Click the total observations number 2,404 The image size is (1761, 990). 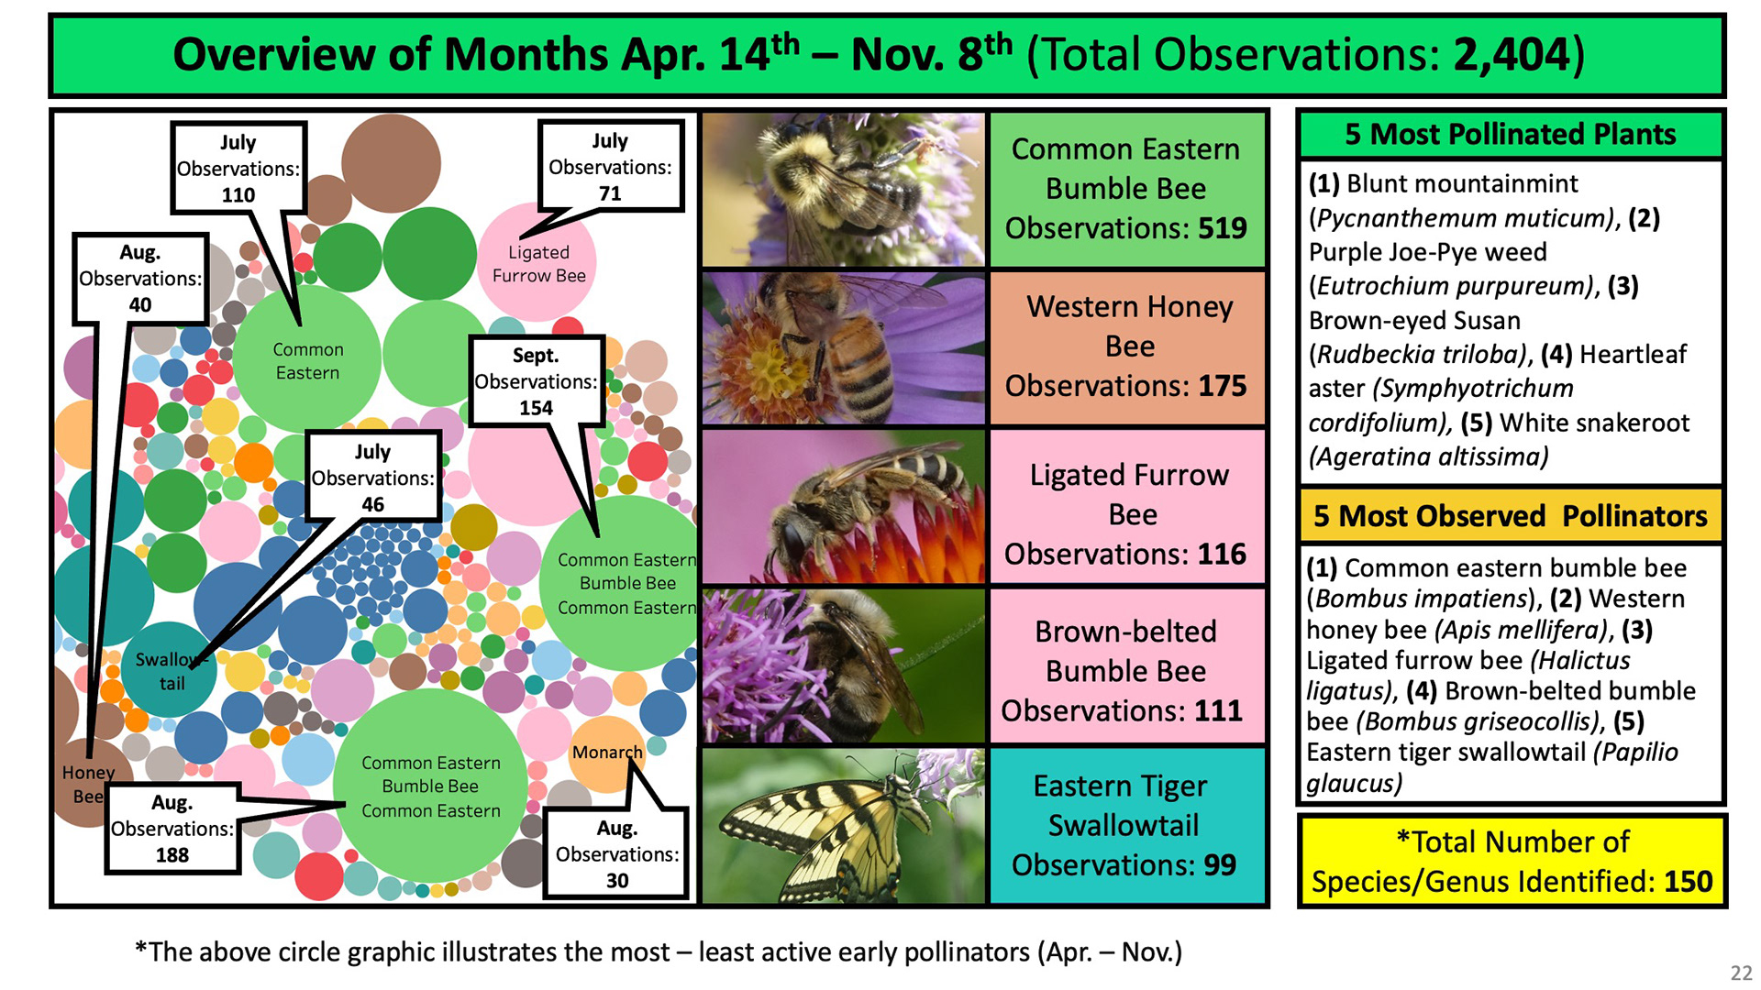pos(1512,55)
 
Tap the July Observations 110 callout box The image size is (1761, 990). pos(238,169)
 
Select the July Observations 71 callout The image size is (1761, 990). pos(611,167)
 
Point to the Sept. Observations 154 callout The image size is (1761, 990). pos(537,381)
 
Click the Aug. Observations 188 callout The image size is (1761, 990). pos(172,829)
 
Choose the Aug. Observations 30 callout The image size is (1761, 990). pos(616,854)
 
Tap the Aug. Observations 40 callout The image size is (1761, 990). pos(140,279)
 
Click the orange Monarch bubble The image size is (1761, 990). pos(606,754)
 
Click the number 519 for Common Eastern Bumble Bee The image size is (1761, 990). pos(1223,227)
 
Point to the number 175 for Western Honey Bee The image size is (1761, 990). pos(1223,386)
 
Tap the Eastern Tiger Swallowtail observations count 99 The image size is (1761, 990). pos(1220,864)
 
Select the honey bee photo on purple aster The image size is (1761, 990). pos(843,347)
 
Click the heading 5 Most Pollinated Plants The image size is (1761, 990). pos(1511,135)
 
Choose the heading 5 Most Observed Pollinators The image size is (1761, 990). pos(1511,516)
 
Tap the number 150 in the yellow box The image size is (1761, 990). pos(1688,882)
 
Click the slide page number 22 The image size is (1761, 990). pos(1741,973)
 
